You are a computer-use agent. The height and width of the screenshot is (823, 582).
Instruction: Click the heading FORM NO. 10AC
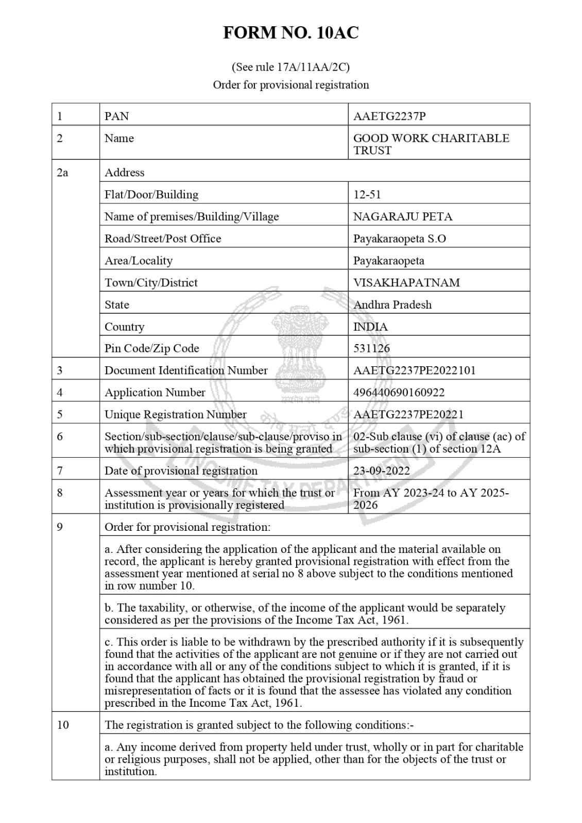click(290, 33)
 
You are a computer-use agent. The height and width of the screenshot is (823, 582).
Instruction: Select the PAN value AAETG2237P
click(389, 116)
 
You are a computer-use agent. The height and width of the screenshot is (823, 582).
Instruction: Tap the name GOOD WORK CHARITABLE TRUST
click(431, 144)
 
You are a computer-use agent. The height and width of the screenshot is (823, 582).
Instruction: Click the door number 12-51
click(367, 194)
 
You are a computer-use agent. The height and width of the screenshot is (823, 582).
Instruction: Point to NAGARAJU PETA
click(402, 217)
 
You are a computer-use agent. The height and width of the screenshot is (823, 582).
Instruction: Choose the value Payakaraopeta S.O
click(399, 239)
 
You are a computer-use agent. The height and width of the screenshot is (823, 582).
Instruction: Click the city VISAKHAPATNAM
click(406, 282)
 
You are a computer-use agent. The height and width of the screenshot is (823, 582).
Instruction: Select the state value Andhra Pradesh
click(392, 305)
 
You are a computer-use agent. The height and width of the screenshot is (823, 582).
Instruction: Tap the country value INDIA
click(370, 327)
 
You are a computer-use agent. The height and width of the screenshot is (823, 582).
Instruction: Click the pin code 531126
click(371, 348)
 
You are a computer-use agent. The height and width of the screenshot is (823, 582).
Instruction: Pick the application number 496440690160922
click(399, 392)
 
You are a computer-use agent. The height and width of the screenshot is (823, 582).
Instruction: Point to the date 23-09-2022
click(382, 471)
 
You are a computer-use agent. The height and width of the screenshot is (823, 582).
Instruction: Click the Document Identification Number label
click(186, 370)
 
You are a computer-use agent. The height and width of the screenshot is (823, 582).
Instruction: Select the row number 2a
click(62, 173)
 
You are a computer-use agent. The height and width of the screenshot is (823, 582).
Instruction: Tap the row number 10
click(63, 725)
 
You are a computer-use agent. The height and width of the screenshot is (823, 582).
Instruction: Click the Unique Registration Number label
click(175, 415)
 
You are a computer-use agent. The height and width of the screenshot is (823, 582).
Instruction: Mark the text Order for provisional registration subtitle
click(290, 85)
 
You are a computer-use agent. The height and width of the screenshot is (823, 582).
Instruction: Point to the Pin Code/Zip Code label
click(151, 348)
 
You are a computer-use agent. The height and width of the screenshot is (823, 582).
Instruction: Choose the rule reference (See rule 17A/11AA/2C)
click(290, 67)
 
